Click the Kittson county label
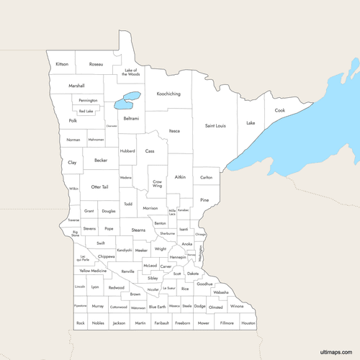coord(62,64)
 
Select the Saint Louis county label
coord(215,126)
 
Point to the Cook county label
coord(279,110)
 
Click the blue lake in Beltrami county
coord(128,99)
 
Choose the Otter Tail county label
coord(99,186)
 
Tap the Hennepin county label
coord(177,256)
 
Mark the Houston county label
coord(248,323)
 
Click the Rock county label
coord(80,323)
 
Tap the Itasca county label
coord(174,131)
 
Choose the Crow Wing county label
coord(157,184)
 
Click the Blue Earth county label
coord(157,307)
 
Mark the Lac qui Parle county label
coord(84,258)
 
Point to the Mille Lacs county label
coord(172,212)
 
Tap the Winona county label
coord(237,307)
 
